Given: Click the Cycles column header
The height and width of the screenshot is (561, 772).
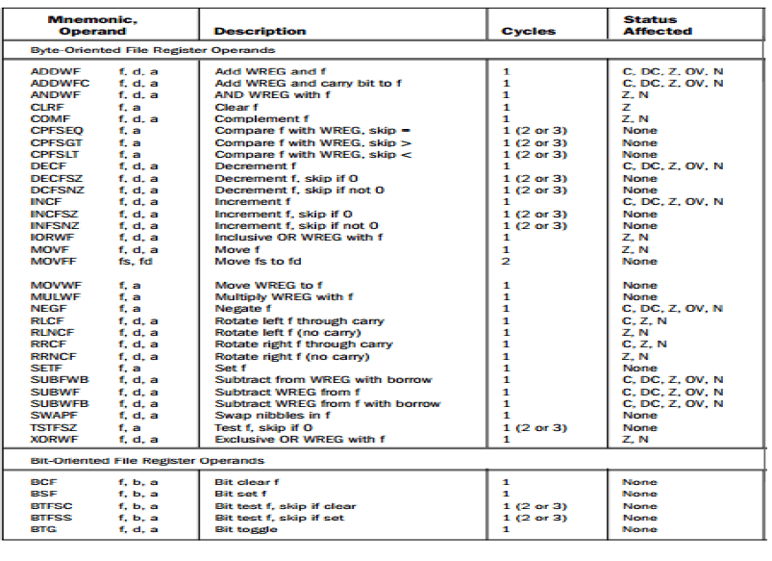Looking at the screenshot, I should (528, 31).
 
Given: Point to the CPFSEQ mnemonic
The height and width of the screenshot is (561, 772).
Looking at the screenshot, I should (57, 131).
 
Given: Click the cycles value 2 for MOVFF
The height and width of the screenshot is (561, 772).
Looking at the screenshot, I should (506, 261).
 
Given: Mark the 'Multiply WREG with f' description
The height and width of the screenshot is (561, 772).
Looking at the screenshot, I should (273, 297).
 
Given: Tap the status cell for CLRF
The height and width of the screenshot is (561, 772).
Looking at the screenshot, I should (627, 107).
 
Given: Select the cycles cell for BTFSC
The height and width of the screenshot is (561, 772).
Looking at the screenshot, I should (535, 506).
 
